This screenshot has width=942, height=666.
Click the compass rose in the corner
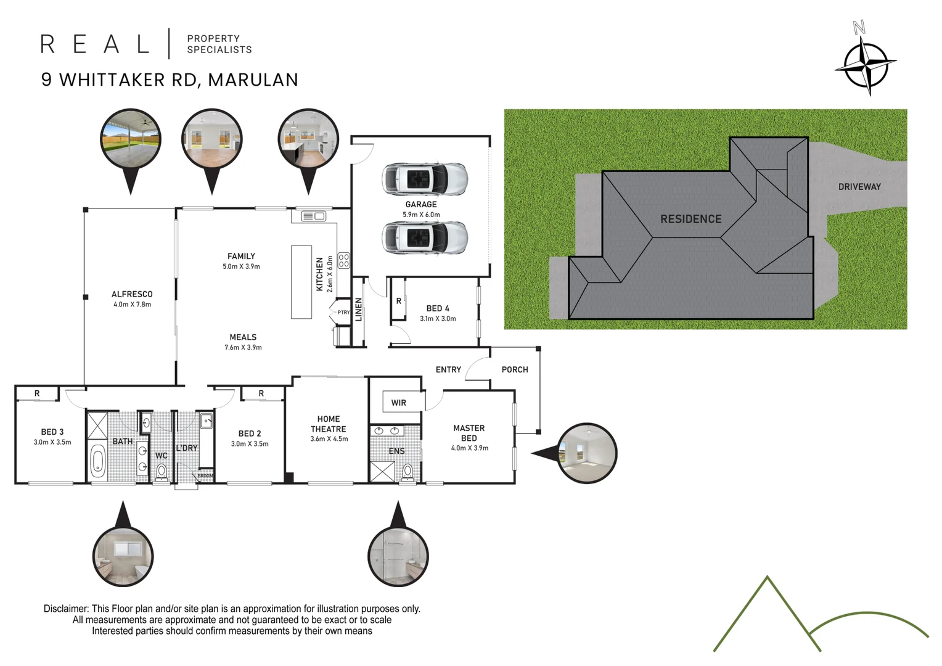click(x=866, y=63)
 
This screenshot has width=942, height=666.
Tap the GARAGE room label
click(x=421, y=204)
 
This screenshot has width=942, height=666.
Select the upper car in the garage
click(x=425, y=179)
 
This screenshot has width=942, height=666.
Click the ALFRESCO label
click(x=132, y=294)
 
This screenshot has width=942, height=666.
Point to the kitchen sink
click(x=313, y=216)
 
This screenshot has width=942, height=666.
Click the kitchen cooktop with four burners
click(x=343, y=260)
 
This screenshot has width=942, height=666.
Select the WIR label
click(x=398, y=403)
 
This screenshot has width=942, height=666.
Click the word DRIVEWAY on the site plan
click(x=859, y=187)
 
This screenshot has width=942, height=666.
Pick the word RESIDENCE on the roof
click(x=690, y=219)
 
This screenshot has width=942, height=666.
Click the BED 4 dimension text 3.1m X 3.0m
click(x=438, y=319)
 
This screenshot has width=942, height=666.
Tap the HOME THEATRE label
click(x=328, y=424)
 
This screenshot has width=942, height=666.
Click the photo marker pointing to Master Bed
click(x=586, y=453)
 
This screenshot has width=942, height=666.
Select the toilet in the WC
click(x=162, y=472)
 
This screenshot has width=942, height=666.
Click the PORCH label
click(x=515, y=369)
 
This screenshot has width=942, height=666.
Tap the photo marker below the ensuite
click(x=398, y=555)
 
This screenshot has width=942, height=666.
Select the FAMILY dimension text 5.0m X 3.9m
click(x=241, y=266)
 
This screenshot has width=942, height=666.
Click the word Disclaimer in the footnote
click(x=65, y=609)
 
